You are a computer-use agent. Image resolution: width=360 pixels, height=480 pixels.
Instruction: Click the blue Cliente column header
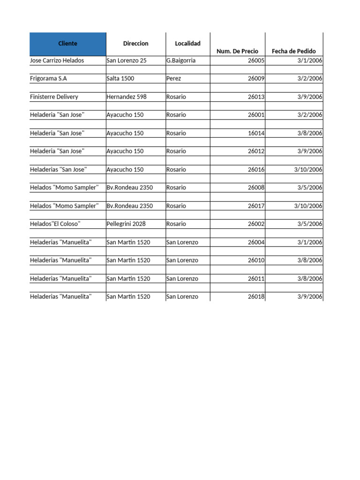[x=67, y=44]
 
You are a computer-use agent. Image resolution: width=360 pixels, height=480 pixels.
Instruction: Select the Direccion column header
[x=135, y=44]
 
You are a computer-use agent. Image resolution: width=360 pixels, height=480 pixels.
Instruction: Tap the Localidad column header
[x=187, y=44]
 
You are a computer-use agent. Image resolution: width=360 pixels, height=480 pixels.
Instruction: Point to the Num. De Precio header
[x=237, y=51]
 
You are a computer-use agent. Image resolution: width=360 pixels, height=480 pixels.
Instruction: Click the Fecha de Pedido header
[x=294, y=51]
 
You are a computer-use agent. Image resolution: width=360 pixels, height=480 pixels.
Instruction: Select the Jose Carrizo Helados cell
[x=54, y=60]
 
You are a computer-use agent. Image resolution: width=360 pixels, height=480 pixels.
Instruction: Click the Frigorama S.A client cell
[x=48, y=79]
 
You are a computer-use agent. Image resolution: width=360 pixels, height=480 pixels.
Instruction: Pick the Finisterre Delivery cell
[x=54, y=97]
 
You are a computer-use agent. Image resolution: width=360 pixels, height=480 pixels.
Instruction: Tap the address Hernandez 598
[x=126, y=97]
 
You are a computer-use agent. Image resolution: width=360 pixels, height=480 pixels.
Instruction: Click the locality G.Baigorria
[x=180, y=60]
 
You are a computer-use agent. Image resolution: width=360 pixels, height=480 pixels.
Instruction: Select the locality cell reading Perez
[x=173, y=79]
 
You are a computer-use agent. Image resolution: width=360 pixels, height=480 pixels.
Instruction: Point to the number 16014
[x=256, y=133]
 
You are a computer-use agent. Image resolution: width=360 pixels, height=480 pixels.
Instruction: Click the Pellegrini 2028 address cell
[x=126, y=224]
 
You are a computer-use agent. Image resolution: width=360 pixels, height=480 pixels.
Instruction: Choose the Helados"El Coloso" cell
[x=55, y=224]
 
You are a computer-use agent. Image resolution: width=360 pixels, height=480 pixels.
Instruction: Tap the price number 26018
[x=256, y=297]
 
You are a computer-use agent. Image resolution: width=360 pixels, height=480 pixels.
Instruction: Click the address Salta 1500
[x=120, y=79]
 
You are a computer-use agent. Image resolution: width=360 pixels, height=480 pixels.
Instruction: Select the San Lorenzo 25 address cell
[x=126, y=60]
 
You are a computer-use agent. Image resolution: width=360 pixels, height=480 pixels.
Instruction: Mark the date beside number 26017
[x=308, y=206]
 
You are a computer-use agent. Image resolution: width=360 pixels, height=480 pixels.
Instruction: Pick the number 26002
[x=256, y=224]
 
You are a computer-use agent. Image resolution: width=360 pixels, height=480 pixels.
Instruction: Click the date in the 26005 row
[x=309, y=60]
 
